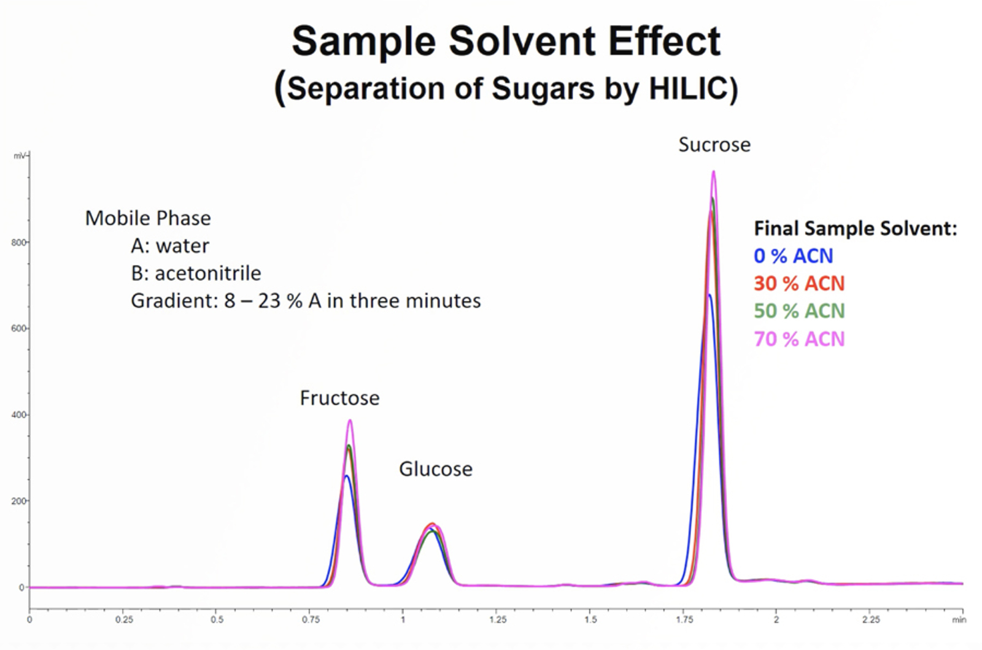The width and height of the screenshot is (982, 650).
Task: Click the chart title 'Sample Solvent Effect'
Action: coord(506,42)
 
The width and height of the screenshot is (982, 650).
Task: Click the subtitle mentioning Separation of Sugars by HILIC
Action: coord(506,88)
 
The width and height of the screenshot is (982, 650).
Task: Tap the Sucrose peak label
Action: coord(714,145)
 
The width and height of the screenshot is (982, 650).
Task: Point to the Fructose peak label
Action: coord(339,399)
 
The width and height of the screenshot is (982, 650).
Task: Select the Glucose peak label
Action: coord(436,469)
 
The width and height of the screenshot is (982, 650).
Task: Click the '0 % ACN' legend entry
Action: coord(793,256)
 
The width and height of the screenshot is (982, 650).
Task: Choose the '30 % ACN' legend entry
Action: coord(799,283)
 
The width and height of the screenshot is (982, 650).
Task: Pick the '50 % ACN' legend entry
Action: coord(799,311)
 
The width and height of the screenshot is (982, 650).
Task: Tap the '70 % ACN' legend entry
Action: coord(799,339)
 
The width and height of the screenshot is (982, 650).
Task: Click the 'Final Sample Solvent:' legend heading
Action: coord(855,229)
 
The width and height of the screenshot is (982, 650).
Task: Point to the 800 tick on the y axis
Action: coord(18,242)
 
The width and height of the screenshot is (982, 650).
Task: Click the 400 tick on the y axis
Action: coord(18,415)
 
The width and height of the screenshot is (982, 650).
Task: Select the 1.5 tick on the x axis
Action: coord(590,620)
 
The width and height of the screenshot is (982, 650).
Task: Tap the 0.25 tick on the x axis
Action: coord(124,620)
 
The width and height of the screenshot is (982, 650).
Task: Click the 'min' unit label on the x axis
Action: coord(959,620)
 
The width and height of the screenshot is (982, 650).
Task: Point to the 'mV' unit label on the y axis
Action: coord(20,156)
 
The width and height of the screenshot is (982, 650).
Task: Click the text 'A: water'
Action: coord(170,246)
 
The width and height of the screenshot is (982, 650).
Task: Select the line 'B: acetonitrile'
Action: coord(196,273)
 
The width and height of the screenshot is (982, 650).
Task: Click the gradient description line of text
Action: coord(306,301)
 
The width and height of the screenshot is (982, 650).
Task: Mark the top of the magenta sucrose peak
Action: coord(713,172)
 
